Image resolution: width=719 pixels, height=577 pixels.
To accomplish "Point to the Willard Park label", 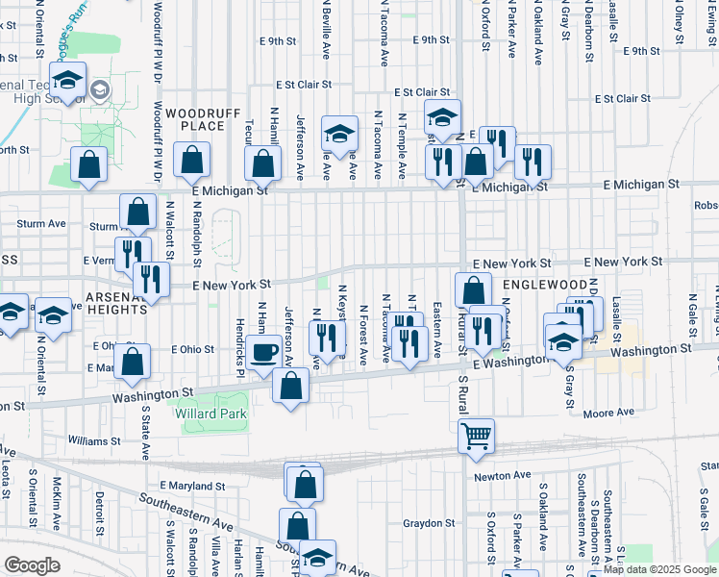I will click(x=211, y=414).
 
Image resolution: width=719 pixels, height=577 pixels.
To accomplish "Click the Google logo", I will click(x=33, y=565).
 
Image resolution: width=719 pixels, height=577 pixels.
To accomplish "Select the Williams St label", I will click(x=94, y=440).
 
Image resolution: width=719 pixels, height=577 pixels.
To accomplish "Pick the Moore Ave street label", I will click(x=609, y=413).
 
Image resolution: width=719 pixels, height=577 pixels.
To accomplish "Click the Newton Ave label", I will click(x=502, y=475).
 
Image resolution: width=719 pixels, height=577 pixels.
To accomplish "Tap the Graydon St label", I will click(x=429, y=524).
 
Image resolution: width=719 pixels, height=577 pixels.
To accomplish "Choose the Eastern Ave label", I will click(x=436, y=324).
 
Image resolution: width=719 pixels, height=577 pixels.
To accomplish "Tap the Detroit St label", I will click(x=99, y=510).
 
